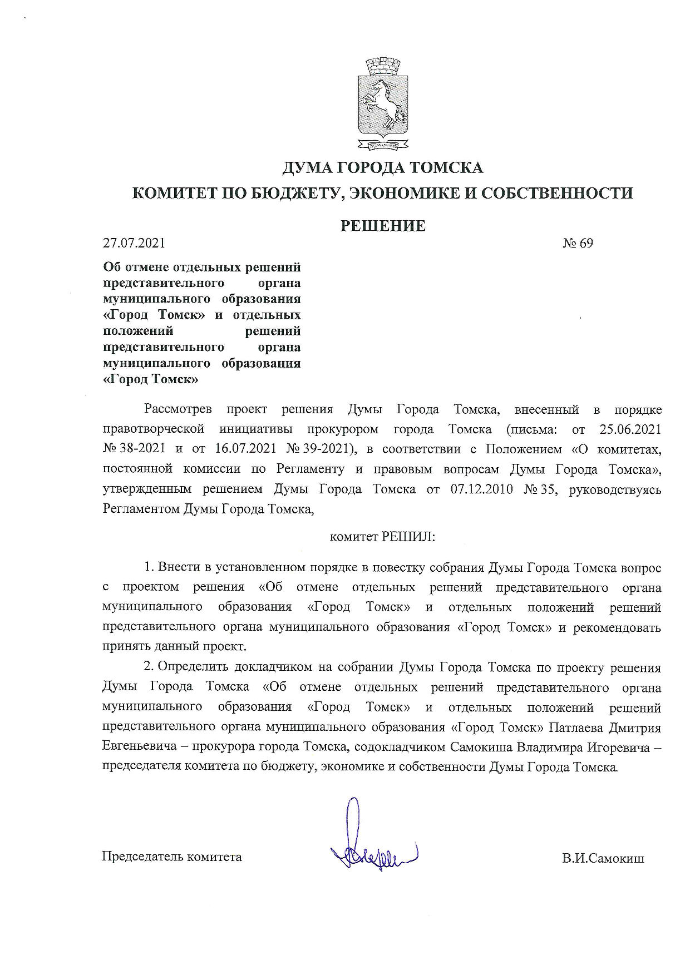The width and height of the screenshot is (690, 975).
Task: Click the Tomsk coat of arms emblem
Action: pos(383,104)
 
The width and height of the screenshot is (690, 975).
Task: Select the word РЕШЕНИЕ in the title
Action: pos(383,226)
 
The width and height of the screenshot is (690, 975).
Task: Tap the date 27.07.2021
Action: pos(134,243)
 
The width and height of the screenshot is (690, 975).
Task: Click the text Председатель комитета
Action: pos(171,857)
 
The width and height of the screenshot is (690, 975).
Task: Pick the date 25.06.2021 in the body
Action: pos(630,429)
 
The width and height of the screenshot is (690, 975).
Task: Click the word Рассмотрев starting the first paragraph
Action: pos(178,410)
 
